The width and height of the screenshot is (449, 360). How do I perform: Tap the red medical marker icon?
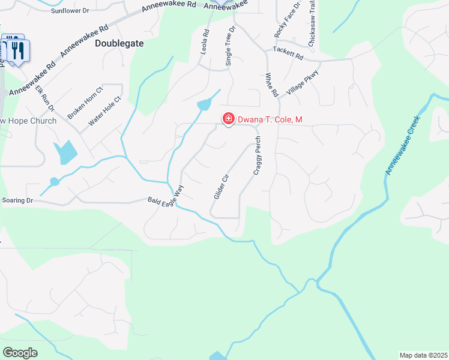pyautogui.click(x=228, y=119)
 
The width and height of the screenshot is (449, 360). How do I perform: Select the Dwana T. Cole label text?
pyautogui.click(x=270, y=120)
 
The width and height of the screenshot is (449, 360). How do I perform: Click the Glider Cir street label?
pyautogui.click(x=222, y=187)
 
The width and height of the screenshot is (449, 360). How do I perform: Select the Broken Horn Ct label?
pyautogui.click(x=86, y=103)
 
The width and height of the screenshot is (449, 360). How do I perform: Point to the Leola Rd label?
pyautogui.click(x=204, y=43)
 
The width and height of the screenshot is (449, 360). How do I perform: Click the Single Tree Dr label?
pyautogui.click(x=230, y=46)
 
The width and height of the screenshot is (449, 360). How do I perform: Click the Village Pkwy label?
pyautogui.click(x=303, y=82)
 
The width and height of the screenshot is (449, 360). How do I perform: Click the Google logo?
pyautogui.click(x=20, y=353)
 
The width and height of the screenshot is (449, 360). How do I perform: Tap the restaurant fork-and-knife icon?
pyautogui.click(x=17, y=50)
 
